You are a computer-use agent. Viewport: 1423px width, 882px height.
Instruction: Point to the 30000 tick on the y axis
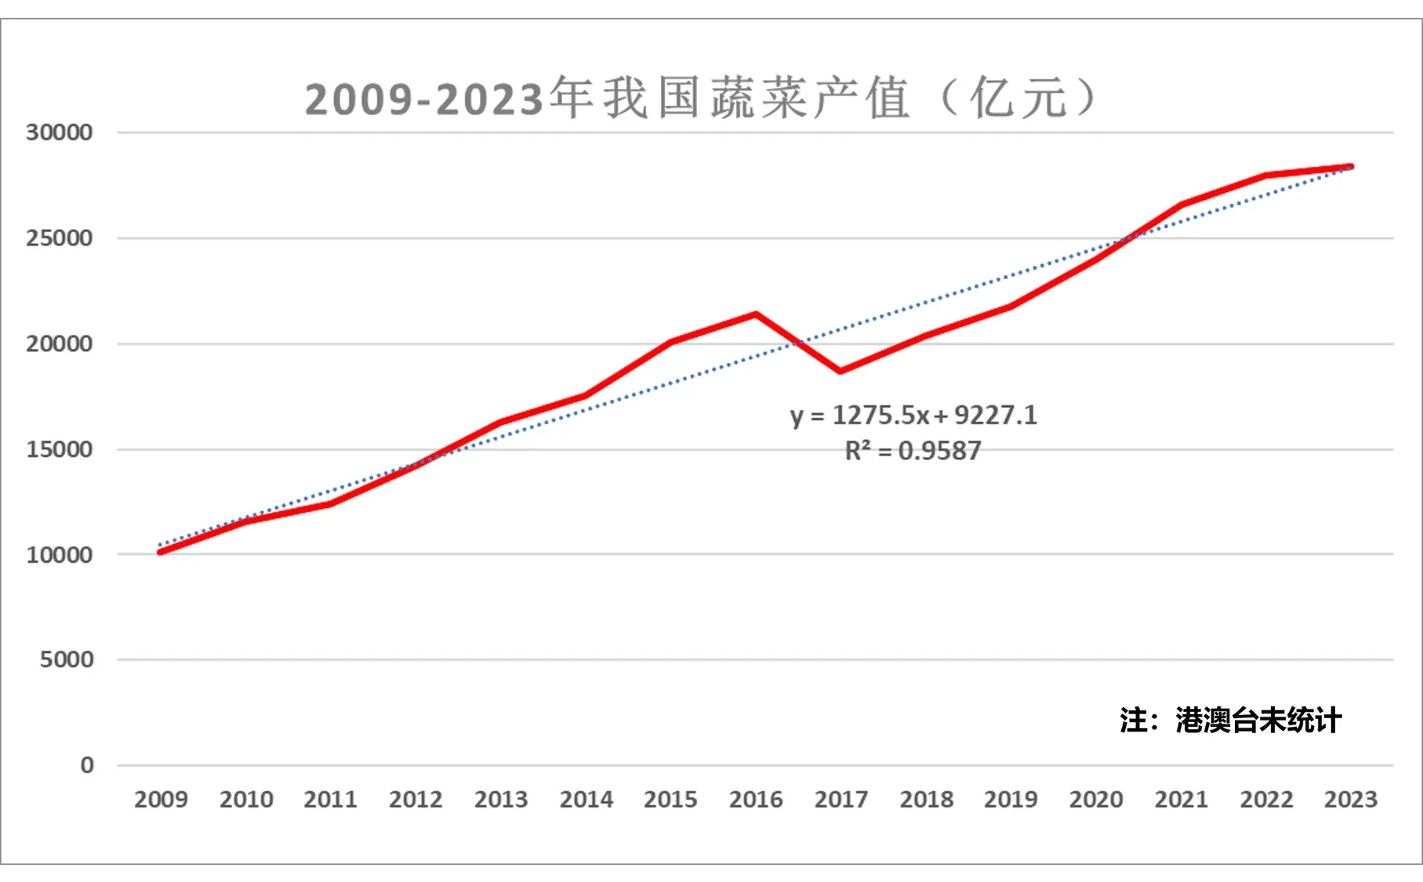pos(59,132)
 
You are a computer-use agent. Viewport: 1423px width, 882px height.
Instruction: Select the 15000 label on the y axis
pos(59,450)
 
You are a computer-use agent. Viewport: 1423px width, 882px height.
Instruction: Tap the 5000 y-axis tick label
pos(67,660)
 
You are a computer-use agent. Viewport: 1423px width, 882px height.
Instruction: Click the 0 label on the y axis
pos(87,765)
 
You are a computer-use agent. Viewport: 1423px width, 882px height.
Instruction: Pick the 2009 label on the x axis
pos(161,800)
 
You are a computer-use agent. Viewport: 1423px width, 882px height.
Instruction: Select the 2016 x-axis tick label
pos(756,800)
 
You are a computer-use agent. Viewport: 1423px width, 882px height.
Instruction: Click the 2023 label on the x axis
pos(1350,800)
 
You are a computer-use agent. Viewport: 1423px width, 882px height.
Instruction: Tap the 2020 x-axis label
pos(1096,800)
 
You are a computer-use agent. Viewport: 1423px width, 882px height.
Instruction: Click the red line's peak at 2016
pos(756,314)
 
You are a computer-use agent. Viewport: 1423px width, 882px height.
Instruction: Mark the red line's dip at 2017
pos(840,371)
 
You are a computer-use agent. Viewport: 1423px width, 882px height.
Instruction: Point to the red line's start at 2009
pos(161,552)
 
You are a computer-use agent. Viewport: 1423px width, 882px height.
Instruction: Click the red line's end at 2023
pos(1350,166)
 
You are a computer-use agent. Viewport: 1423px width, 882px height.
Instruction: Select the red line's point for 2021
pos(1181,205)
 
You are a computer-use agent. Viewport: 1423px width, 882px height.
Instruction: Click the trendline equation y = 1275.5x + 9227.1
pos(913,416)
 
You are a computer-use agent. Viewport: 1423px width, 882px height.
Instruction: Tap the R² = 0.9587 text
pos(913,452)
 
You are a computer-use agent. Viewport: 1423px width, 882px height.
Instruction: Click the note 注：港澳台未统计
pos(1230,720)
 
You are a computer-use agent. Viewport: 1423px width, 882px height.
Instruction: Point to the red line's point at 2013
pos(501,423)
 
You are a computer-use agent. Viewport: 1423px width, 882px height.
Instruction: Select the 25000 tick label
pos(59,238)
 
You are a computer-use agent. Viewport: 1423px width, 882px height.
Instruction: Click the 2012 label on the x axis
pos(416,800)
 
